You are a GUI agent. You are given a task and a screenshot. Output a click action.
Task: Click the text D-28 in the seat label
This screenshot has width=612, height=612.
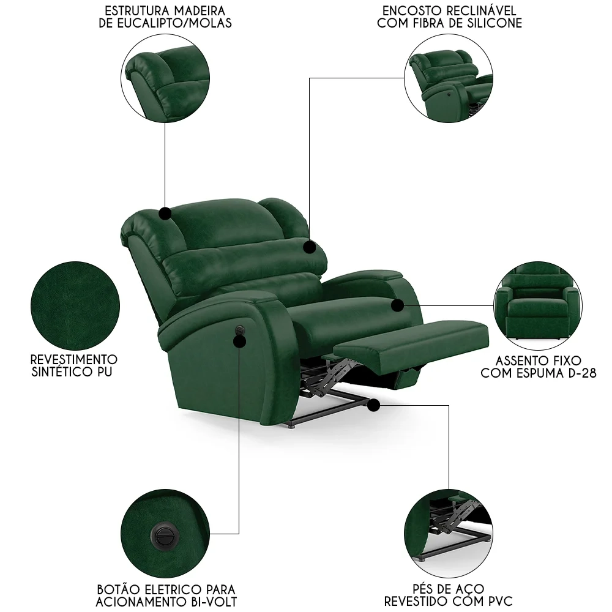coord(580,373)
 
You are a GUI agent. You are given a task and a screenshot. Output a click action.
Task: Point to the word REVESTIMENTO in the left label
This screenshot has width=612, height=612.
coord(73,359)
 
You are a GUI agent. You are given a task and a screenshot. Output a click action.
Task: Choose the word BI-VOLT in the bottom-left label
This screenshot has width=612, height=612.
coord(212,602)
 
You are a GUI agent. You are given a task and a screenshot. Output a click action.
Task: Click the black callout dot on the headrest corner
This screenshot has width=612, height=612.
coord(165,213)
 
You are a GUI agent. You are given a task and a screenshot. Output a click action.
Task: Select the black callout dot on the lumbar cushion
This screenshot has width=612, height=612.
coord(310,248)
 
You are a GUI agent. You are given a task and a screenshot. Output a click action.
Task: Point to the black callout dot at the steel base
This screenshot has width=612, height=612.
coord(373,404)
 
